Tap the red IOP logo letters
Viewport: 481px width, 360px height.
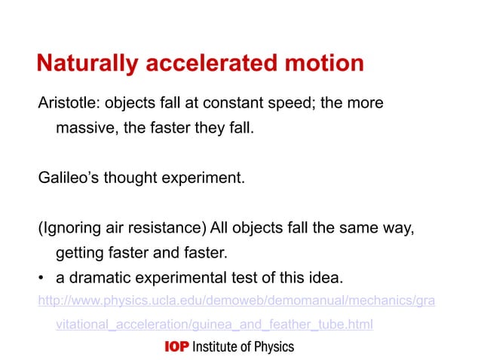tap(176, 346)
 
